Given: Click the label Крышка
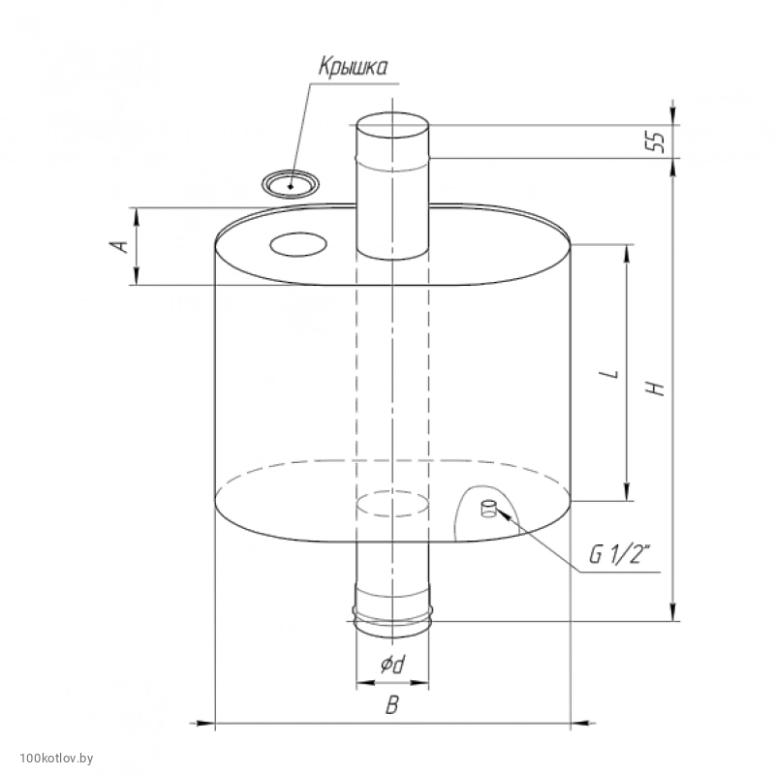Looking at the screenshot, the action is [x=353, y=66].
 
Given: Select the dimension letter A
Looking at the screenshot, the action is [x=120, y=246].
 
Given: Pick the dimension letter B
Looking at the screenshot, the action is [x=391, y=704].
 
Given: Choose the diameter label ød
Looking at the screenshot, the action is [x=392, y=665].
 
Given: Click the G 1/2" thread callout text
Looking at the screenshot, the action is [x=619, y=555].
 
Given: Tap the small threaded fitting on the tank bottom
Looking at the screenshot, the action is [x=488, y=509].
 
